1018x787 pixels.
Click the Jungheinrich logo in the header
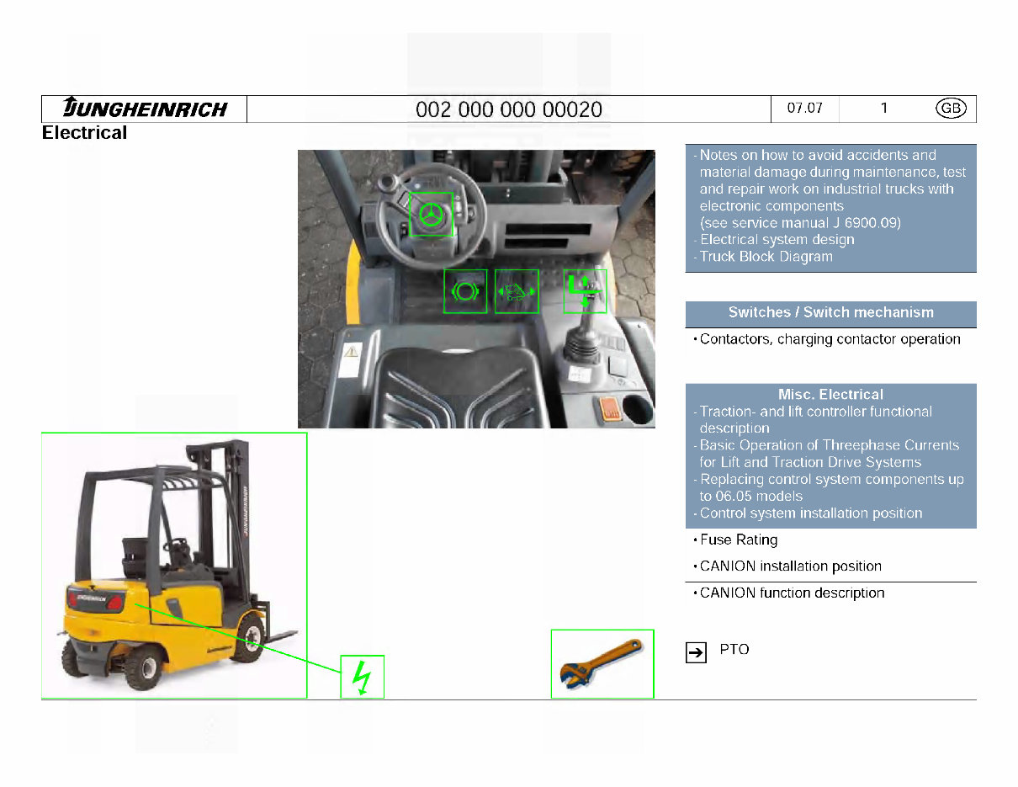[145, 109]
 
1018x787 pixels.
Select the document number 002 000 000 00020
[508, 110]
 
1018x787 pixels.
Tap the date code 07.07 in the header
[804, 109]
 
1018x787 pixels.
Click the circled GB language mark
[951, 109]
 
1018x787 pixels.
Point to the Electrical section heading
[84, 133]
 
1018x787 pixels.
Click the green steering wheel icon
[431, 215]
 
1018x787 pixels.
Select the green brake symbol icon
[465, 291]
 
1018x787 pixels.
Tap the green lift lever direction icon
[585, 291]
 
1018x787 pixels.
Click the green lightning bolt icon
[362, 677]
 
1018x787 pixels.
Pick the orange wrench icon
[602, 664]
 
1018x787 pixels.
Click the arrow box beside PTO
[696, 652]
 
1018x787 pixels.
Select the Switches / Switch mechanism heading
[830, 313]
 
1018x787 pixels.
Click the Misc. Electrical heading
[830, 395]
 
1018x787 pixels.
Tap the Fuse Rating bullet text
[738, 540]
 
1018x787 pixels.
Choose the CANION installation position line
[790, 566]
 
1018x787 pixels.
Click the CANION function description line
[792, 593]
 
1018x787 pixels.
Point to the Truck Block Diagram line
[766, 257]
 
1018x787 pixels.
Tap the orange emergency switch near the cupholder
[607, 410]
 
